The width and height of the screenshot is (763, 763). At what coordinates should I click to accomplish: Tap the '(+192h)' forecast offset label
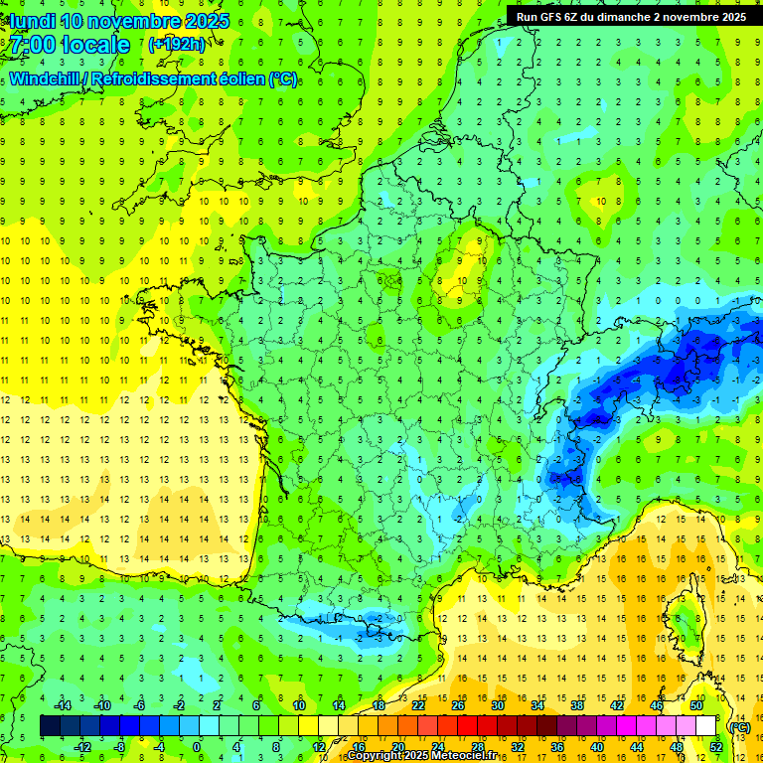tap(177, 45)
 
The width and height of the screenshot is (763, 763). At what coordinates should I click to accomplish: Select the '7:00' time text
tap(33, 45)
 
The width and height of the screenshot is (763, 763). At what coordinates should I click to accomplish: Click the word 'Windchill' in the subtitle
tap(46, 78)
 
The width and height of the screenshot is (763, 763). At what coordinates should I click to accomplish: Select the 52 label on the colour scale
tap(715, 746)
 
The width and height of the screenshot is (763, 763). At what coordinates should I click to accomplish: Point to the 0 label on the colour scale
tap(197, 746)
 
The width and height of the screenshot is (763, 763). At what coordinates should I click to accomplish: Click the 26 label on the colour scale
tap(458, 705)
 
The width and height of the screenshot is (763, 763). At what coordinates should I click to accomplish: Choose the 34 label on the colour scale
tap(537, 705)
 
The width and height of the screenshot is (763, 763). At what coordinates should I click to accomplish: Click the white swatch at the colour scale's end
tap(705, 726)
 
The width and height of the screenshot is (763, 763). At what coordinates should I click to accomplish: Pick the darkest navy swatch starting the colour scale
tap(50, 726)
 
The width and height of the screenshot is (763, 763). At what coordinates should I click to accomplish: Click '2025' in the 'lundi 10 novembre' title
tap(206, 21)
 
